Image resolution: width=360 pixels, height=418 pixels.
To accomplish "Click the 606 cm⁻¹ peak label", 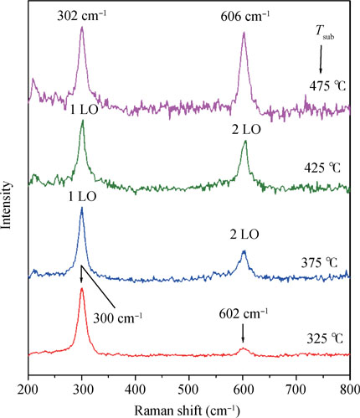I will pyautogui.click(x=243, y=13).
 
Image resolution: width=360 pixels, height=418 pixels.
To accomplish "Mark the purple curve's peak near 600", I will pyautogui.click(x=244, y=34).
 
